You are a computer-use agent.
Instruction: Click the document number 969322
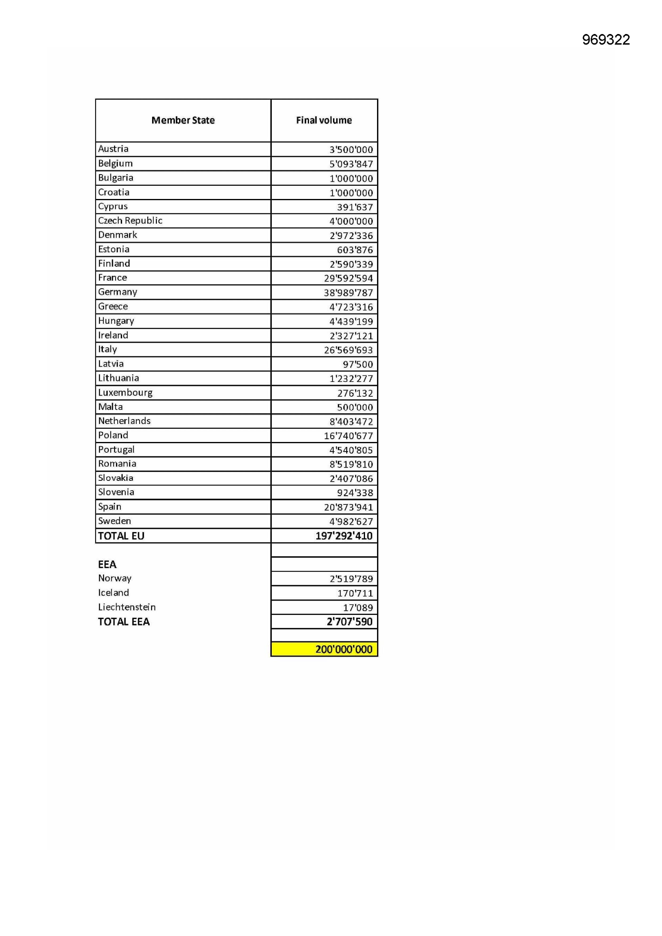pyautogui.click(x=606, y=40)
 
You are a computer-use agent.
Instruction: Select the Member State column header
pyautogui.click(x=183, y=120)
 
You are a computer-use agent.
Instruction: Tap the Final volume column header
pyautogui.click(x=324, y=120)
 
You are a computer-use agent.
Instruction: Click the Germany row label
pyautogui.click(x=117, y=292)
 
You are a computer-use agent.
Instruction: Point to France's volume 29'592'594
pyautogui.click(x=348, y=278)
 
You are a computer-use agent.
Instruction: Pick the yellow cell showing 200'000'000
pyautogui.click(x=344, y=649)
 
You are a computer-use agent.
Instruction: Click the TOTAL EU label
pyautogui.click(x=121, y=536)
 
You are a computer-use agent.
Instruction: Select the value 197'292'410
pyautogui.click(x=344, y=536)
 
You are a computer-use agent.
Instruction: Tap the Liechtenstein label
pyautogui.click(x=127, y=607)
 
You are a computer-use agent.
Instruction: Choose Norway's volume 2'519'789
pyautogui.click(x=351, y=579)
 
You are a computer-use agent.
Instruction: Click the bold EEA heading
pyautogui.click(x=107, y=564)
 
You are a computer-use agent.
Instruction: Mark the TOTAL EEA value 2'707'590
pyautogui.click(x=349, y=622)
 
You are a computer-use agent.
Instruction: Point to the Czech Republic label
pyautogui.click(x=130, y=221)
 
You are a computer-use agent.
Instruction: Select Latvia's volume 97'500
pyautogui.click(x=357, y=364)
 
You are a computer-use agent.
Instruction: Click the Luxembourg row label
pyautogui.click(x=125, y=393)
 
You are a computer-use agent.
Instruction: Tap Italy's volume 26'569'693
pyautogui.click(x=348, y=350)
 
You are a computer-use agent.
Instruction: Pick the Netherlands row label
pyautogui.click(x=124, y=421)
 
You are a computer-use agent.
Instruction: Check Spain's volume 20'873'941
pyautogui.click(x=348, y=508)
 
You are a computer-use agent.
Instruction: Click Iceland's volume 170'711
pyautogui.click(x=355, y=593)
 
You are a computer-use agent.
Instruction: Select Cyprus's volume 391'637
pyautogui.click(x=355, y=207)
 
